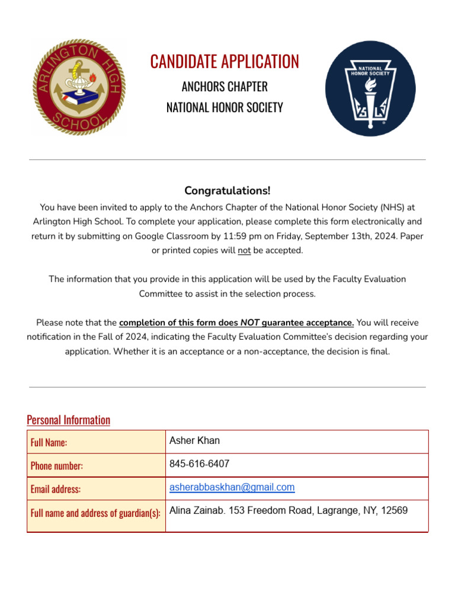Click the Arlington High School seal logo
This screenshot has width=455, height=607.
79,88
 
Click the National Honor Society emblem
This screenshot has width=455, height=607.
370,88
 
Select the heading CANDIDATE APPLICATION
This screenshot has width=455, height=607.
225,61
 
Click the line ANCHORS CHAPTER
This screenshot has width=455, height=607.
225,87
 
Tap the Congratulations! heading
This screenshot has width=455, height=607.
227,190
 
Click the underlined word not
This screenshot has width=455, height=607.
244,250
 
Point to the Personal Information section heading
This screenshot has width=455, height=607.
69,420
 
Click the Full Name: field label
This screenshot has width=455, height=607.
49,443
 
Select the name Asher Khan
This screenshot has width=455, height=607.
194,440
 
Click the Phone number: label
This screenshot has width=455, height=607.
57,466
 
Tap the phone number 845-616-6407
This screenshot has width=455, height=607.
200,464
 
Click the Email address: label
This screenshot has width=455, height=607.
56,489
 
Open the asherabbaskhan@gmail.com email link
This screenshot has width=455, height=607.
232,487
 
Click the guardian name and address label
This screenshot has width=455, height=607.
95,513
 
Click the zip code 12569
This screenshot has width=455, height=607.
395,510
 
